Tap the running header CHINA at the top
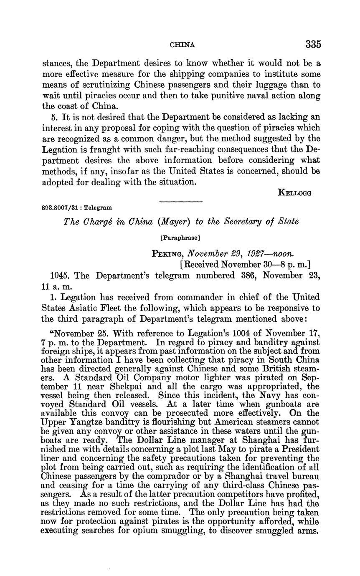[x=183, y=45]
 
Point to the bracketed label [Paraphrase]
[x=180, y=238]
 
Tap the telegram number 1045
[x=58, y=275]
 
